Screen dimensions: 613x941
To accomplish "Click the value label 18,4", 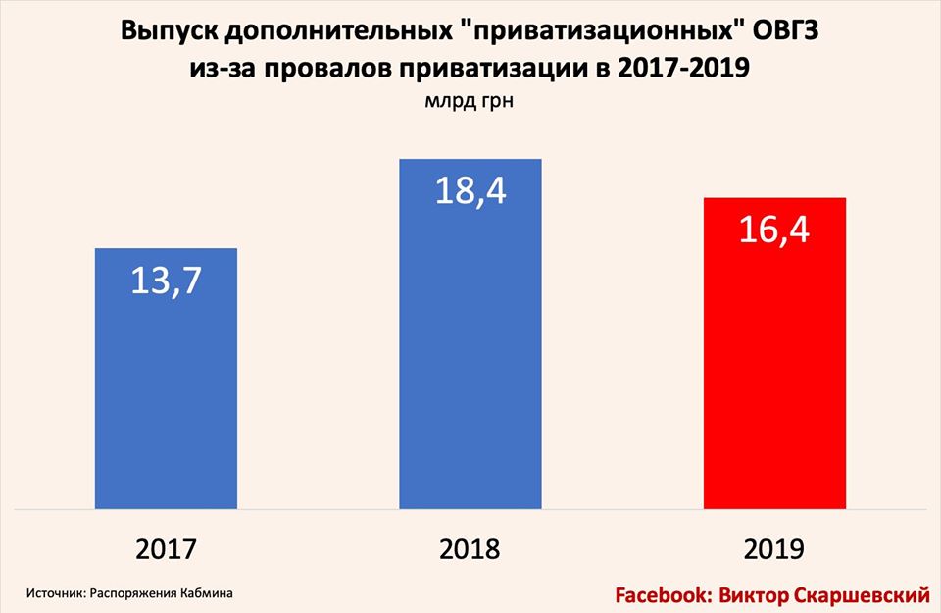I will (x=470, y=190).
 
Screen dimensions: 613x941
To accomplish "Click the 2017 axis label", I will (x=166, y=548).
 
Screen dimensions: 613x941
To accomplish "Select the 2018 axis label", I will (x=470, y=548).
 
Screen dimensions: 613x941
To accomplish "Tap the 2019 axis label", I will (x=774, y=548).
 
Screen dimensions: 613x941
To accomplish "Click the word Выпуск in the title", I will (x=168, y=31).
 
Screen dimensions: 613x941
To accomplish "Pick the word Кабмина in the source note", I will (x=210, y=593).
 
